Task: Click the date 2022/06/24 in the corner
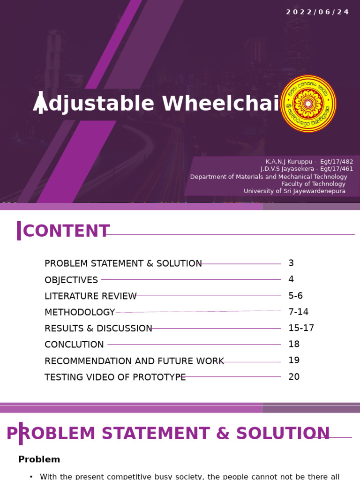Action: pyautogui.click(x=317, y=12)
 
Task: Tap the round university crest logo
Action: pyautogui.click(x=308, y=104)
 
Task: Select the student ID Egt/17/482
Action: pyautogui.click(x=337, y=162)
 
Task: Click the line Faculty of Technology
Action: pyautogui.click(x=313, y=184)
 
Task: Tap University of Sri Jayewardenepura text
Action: pyautogui.click(x=294, y=191)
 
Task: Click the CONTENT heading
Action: pyautogui.click(x=66, y=232)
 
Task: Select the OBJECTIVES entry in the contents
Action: pyautogui.click(x=71, y=280)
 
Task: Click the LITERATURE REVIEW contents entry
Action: pyautogui.click(x=90, y=296)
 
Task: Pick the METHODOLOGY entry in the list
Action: pyautogui.click(x=80, y=312)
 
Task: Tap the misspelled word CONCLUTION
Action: pyautogui.click(x=74, y=345)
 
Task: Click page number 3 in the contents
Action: pyautogui.click(x=291, y=263)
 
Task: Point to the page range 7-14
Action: pyautogui.click(x=298, y=312)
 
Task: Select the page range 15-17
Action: pyautogui.click(x=301, y=328)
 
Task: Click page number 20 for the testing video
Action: pyautogui.click(x=294, y=377)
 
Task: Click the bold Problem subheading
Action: pyautogui.click(x=39, y=460)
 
